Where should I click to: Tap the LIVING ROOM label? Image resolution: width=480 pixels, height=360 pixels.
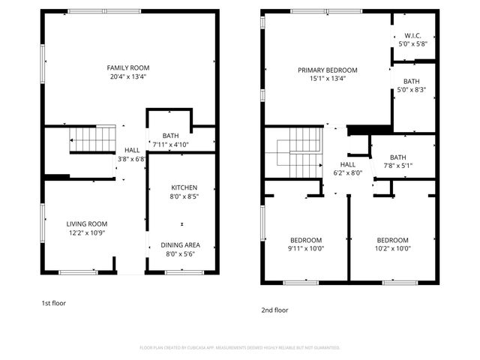pos(87,223)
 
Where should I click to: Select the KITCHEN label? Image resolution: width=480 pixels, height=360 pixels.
pos(184,187)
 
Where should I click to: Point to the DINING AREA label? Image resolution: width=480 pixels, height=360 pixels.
pos(180,245)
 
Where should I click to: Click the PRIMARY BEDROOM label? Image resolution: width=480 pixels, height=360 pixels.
pos(327,70)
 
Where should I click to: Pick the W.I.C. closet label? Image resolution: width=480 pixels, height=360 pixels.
pos(412,35)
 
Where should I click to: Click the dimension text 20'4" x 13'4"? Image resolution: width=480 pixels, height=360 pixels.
pos(128,76)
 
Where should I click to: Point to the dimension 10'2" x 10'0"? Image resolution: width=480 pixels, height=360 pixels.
pos(393,248)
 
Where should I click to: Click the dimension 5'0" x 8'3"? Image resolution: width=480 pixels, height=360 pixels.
pos(412,90)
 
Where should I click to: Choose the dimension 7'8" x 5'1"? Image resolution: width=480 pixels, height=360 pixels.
pos(398,165)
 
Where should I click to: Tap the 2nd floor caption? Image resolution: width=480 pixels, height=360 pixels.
pos(274,310)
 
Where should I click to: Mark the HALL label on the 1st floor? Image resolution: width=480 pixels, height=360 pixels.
pos(132,150)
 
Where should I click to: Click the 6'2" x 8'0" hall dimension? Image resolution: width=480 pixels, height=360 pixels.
pos(348,172)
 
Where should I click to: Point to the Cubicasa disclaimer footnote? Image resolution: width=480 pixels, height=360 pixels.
pos(240,347)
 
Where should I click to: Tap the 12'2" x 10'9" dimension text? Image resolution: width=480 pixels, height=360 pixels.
pos(87,232)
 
